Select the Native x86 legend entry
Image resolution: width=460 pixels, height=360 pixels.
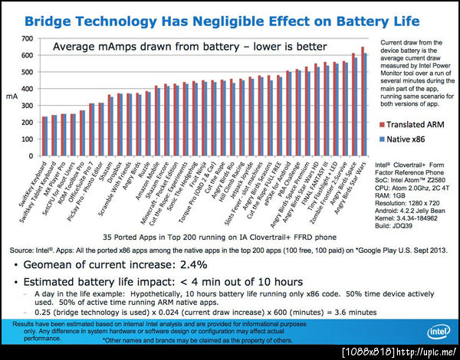pos(411,139)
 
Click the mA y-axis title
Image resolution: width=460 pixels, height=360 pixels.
pos(11,97)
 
